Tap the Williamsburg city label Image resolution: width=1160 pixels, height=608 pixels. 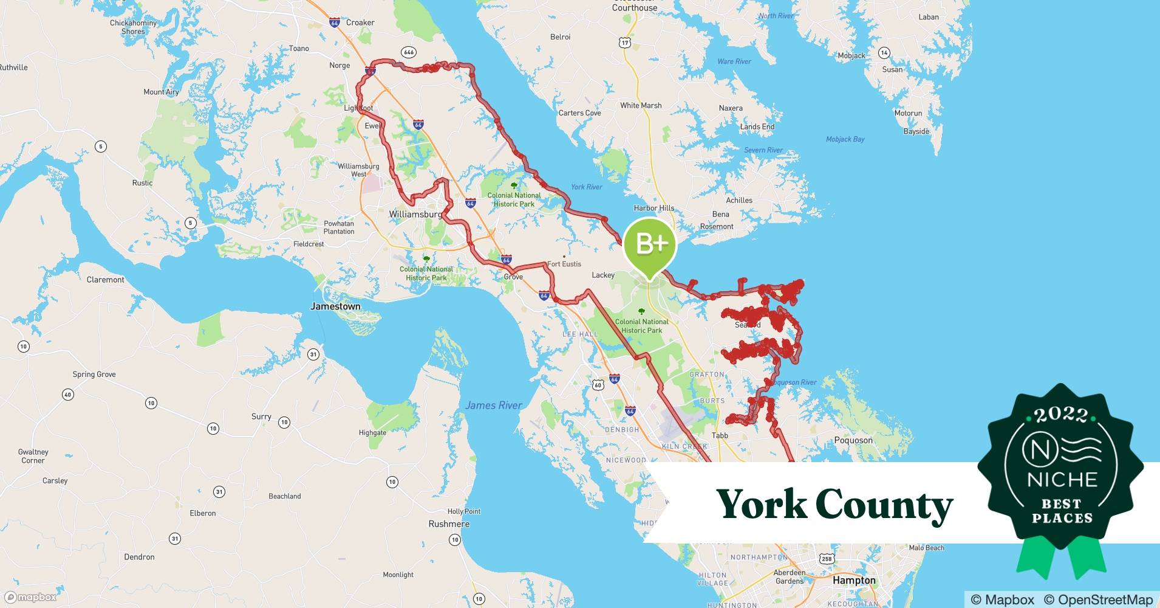click(415, 215)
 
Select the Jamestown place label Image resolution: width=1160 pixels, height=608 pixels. click(335, 306)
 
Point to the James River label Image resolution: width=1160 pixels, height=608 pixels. click(493, 406)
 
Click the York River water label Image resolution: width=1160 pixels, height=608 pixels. click(586, 187)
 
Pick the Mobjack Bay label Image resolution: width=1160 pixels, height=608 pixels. click(845, 139)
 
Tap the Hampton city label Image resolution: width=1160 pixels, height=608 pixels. click(854, 580)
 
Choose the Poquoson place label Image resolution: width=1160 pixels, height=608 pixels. click(853, 440)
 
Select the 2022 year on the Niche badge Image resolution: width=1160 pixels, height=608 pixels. click(1060, 415)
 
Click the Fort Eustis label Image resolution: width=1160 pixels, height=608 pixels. click(564, 264)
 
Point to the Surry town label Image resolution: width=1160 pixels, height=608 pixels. click(261, 416)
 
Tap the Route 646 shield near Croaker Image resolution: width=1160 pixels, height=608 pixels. click(409, 52)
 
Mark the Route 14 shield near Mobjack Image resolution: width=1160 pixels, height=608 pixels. click(884, 53)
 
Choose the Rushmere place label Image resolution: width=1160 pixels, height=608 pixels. click(449, 524)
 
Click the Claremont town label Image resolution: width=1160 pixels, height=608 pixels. click(105, 280)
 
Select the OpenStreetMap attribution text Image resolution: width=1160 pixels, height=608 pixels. click(1098, 599)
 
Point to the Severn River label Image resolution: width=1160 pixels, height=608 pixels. click(763, 150)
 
